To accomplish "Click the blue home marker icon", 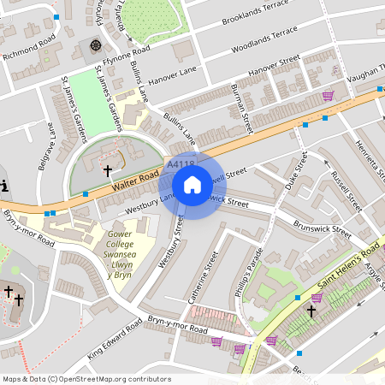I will coord(192,184).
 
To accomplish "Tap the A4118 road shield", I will coord(181,163).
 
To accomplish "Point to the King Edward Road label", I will coord(114,339).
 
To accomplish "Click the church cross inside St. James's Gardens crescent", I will coord(108,170).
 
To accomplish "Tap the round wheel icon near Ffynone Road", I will coord(95,44).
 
